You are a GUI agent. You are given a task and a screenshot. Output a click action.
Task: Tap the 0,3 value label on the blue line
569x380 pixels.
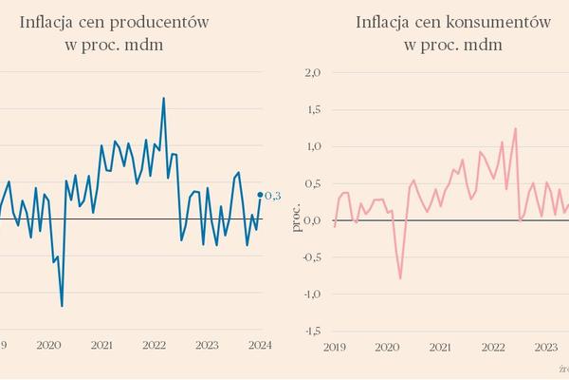(272, 197)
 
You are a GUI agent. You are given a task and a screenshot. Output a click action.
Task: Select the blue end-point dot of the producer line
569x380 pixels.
(260, 197)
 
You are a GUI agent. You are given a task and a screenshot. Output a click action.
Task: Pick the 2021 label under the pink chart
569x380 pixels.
(440, 348)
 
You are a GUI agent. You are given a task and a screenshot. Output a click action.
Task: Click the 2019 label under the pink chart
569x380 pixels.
(335, 348)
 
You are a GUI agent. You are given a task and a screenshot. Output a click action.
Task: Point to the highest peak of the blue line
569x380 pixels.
(164, 98)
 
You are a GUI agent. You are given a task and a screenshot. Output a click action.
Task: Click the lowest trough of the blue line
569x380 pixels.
(62, 306)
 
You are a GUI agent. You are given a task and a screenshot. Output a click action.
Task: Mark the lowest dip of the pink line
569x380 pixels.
(400, 278)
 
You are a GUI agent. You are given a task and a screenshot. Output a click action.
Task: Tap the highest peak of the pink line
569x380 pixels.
(515, 128)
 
